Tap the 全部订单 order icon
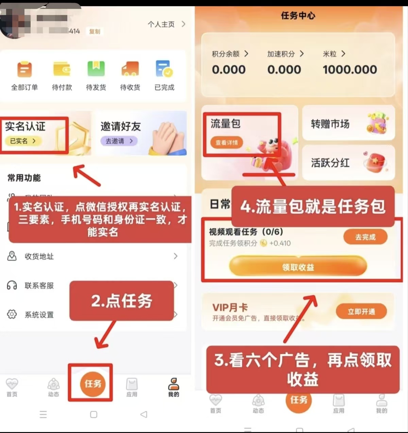pyautogui.click(x=24, y=69)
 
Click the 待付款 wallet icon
pyautogui.click(x=62, y=69)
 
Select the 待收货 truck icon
pyautogui.click(x=130, y=69)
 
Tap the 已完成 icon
pyautogui.click(x=165, y=69)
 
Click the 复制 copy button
pyautogui.click(x=95, y=32)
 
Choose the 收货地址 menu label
pyautogui.click(x=39, y=256)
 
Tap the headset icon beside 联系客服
pyautogui.click(x=12, y=285)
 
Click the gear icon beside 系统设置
pyautogui.click(x=12, y=314)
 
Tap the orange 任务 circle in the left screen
pyautogui.click(x=93, y=384)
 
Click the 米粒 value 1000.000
pyautogui.click(x=350, y=70)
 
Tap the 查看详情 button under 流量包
pyautogui.click(x=227, y=143)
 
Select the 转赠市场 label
pyautogui.click(x=330, y=124)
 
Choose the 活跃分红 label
pyautogui.click(x=330, y=163)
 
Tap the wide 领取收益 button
pyautogui.click(x=298, y=267)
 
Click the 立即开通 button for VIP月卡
pyautogui.click(x=361, y=311)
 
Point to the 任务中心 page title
pyautogui.click(x=298, y=16)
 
